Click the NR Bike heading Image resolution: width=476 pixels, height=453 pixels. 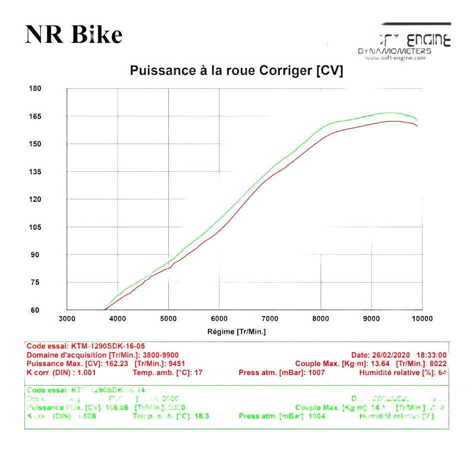tap(73, 35)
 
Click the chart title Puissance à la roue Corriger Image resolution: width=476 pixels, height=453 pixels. tap(236, 71)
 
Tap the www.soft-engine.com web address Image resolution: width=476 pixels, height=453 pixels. tap(395, 58)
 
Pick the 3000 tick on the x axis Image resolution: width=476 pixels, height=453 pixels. tap(67, 319)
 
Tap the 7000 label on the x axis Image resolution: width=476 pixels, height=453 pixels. tap(270, 319)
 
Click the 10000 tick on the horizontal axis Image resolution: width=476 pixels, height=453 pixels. tap(422, 319)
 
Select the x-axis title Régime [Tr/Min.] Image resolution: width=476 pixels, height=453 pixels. tap(237, 332)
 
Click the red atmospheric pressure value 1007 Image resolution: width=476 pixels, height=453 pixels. tap(316, 373)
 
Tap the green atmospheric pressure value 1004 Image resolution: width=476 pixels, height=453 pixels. tap(316, 416)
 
